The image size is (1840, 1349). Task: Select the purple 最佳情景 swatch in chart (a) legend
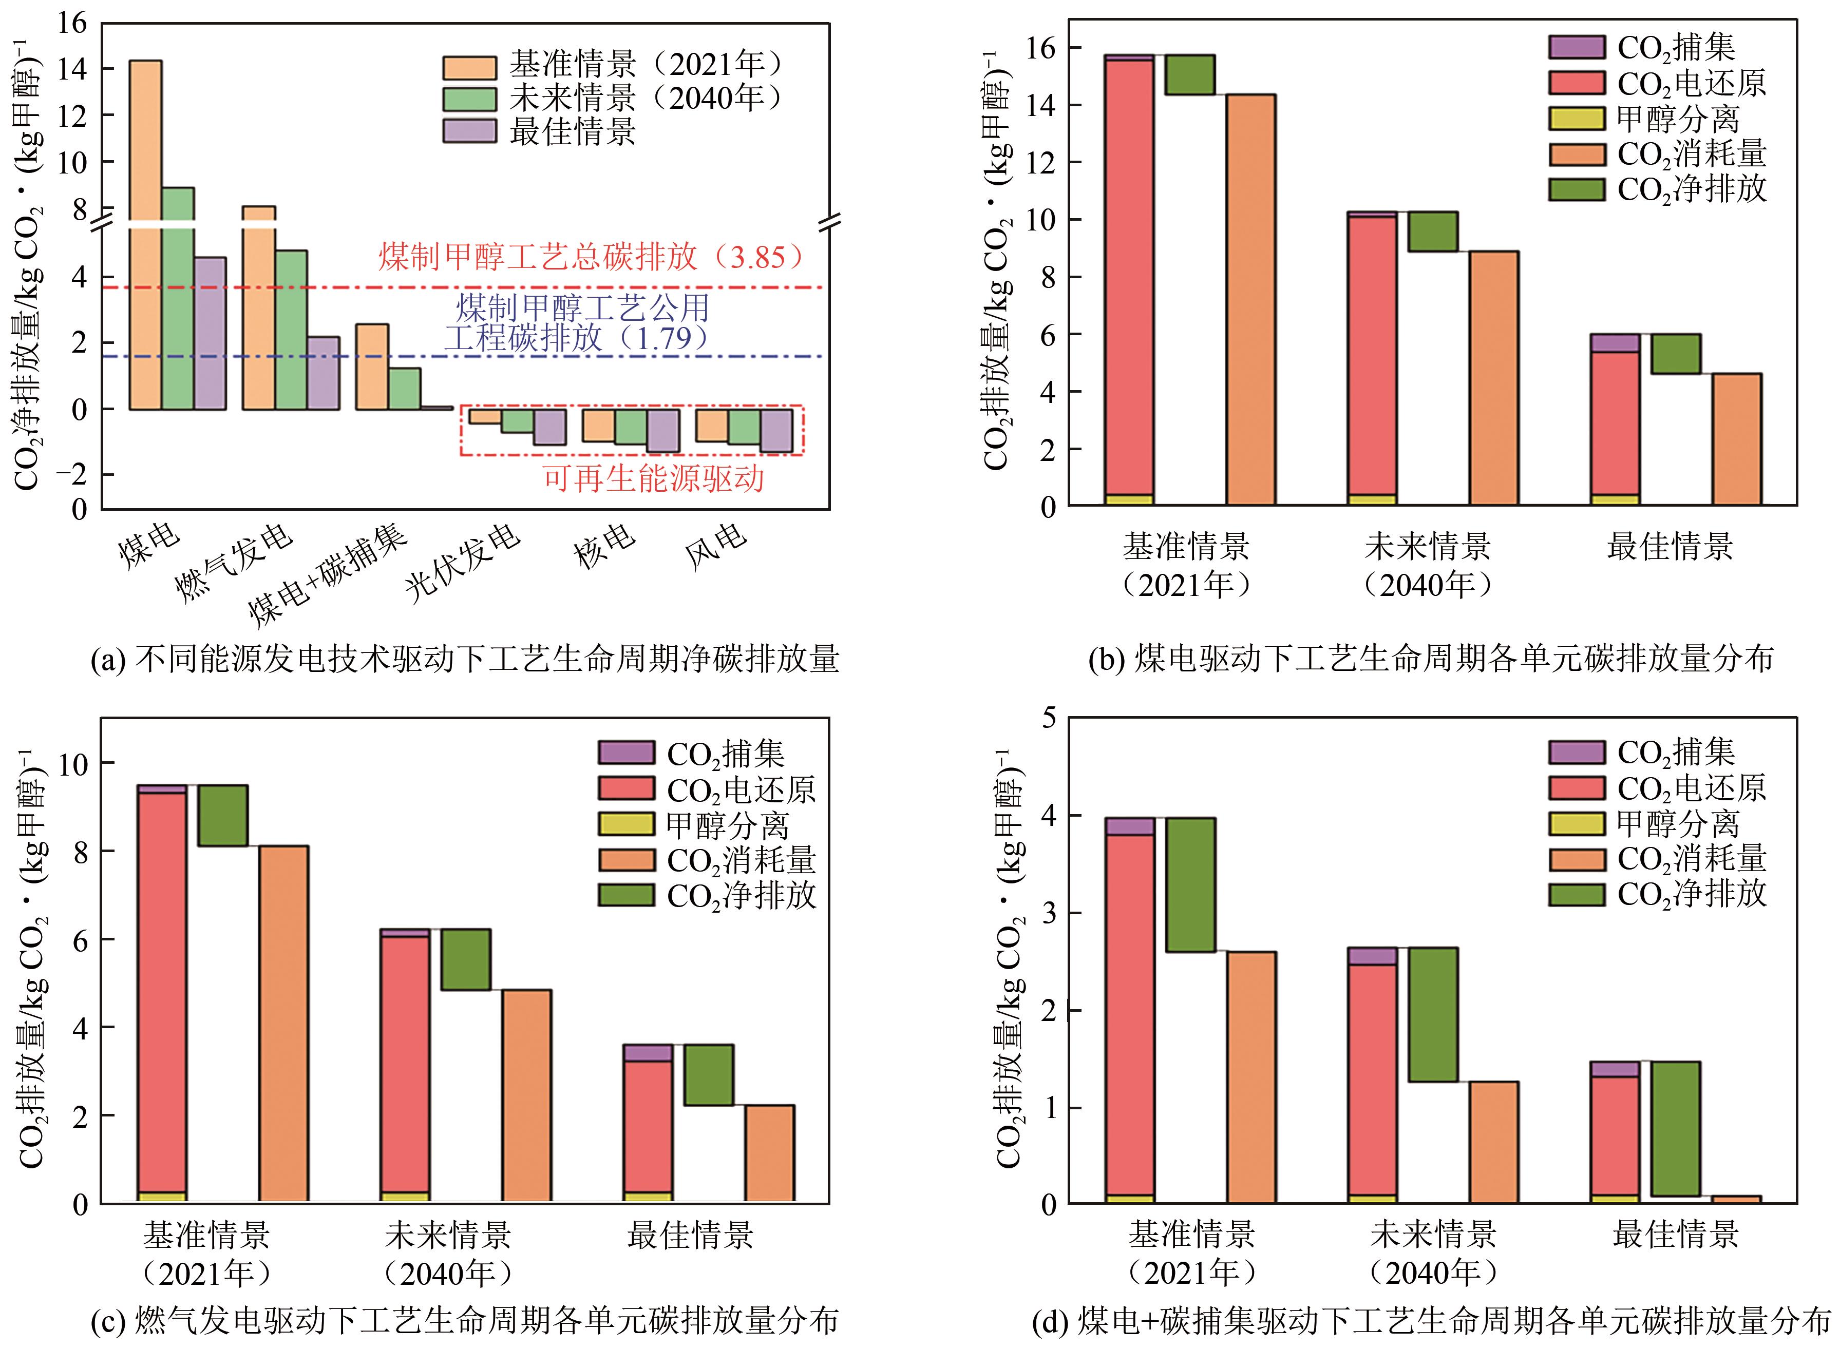click(469, 131)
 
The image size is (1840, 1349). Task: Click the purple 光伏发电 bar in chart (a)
click(549, 427)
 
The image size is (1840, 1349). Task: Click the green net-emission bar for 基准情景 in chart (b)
click(1190, 75)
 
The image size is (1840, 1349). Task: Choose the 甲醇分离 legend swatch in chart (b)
click(1576, 119)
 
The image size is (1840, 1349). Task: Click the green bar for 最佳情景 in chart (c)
click(708, 1074)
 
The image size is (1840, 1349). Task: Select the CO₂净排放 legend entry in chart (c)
click(707, 896)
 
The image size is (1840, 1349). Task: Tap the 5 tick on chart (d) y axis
click(1048, 718)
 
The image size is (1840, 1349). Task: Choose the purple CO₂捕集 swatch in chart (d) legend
click(1576, 752)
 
